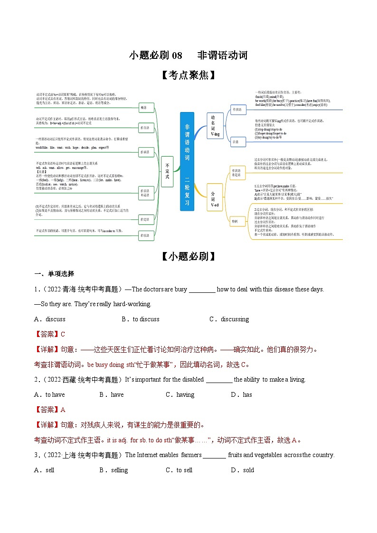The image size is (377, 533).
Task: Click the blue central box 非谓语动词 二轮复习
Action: [x=187, y=161]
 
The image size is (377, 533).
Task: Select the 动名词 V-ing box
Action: [x=215, y=126]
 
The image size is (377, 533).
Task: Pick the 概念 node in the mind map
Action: [x=144, y=108]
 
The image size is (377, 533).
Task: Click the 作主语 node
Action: [x=144, y=128]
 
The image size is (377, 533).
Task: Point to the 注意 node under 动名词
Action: [x=236, y=141]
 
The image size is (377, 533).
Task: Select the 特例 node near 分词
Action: [x=236, y=221]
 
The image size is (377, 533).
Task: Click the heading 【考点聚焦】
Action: [x=188, y=75]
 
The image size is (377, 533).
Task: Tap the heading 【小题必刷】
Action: [x=188, y=256]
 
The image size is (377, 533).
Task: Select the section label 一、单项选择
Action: [x=54, y=274]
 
